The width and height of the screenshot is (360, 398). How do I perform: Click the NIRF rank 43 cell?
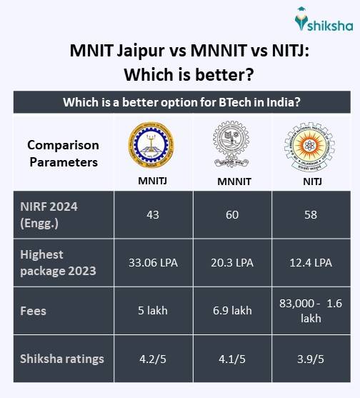(153, 214)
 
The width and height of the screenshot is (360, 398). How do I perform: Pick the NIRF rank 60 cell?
(232, 214)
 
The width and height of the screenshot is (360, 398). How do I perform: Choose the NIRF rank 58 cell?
(310, 214)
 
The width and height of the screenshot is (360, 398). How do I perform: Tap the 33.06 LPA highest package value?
(153, 262)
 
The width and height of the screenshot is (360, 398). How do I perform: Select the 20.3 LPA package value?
(232, 262)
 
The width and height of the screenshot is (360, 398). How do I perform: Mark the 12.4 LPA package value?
(310, 262)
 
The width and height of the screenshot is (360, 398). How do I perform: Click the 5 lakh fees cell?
(153, 310)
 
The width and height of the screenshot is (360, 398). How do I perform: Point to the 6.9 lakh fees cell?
(232, 310)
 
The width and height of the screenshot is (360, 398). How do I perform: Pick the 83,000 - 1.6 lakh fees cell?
(310, 310)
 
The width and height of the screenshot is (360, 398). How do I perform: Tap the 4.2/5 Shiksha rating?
(153, 359)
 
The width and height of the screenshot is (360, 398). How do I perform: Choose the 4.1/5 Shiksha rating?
(232, 359)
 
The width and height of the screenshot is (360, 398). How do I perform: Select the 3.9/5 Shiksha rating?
(310, 359)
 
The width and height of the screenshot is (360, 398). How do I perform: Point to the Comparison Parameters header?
(63, 153)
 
